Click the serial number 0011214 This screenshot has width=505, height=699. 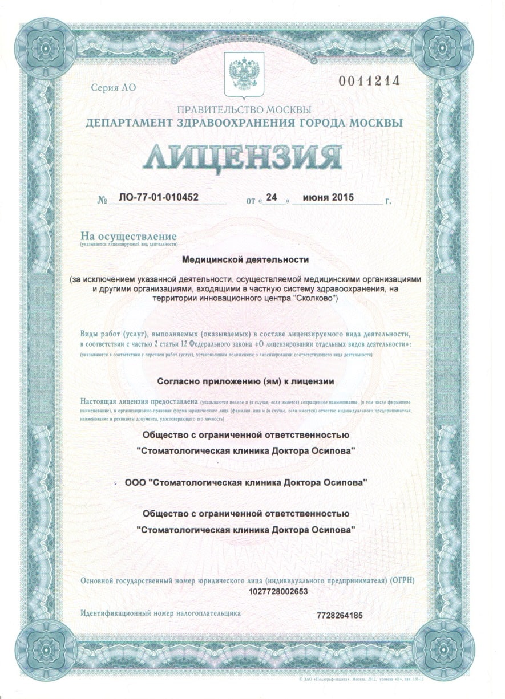369,81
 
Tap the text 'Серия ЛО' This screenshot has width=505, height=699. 114,88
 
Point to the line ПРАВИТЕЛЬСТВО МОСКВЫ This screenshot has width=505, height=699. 244,109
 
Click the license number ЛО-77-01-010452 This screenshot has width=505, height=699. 158,198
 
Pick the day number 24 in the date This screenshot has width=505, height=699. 272,197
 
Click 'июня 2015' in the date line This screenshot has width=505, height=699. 328,198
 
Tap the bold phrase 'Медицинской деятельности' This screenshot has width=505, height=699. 245,259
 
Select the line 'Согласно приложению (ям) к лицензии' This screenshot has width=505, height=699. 245,380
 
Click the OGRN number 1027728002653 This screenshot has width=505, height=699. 278,591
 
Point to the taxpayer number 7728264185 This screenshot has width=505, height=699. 340,615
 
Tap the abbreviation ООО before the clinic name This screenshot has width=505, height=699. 135,482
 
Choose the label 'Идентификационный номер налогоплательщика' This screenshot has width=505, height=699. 160,613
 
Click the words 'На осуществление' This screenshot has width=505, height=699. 128,236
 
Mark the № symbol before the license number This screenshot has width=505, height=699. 103,200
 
